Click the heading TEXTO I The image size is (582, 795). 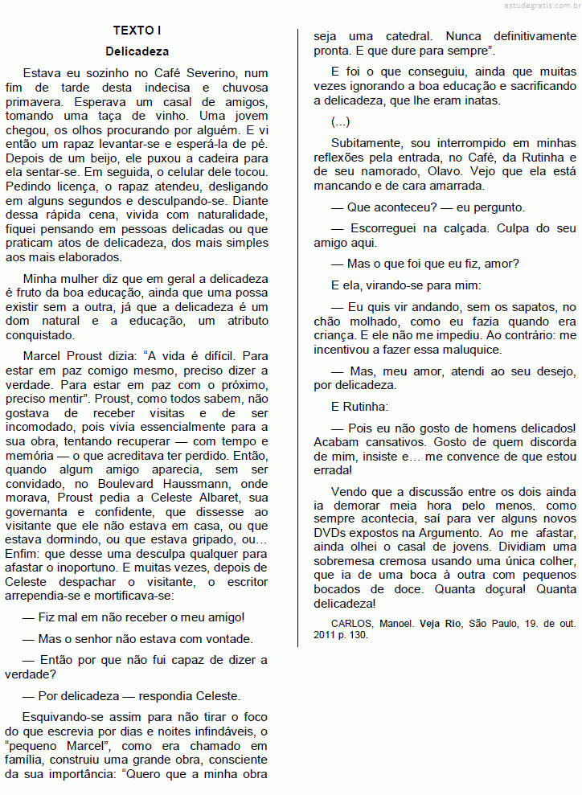click(137, 31)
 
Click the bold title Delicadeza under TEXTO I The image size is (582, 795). click(137, 51)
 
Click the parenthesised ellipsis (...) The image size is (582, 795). click(340, 121)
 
